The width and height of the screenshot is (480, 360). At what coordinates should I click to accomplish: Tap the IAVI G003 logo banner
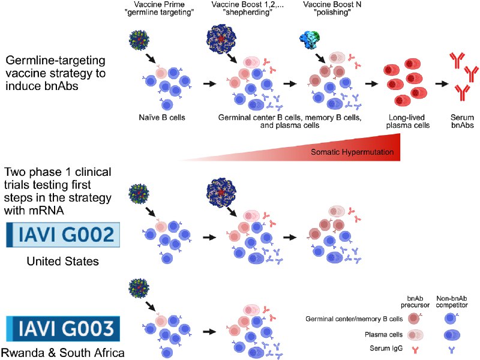[62, 329]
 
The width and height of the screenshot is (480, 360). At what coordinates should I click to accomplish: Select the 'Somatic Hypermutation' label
[352, 152]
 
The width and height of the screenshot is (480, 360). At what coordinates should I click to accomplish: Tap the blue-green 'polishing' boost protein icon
[311, 43]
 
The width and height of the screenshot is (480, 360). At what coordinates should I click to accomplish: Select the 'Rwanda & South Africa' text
[62, 353]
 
